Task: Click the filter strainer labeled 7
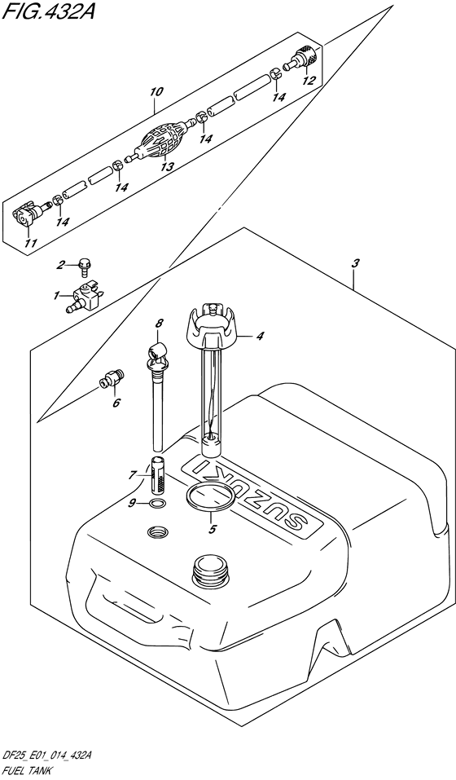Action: pyautogui.click(x=157, y=474)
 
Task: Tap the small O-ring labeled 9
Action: pyautogui.click(x=156, y=505)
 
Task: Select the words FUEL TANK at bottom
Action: pyautogui.click(x=25, y=770)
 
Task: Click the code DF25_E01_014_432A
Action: pyautogui.click(x=46, y=757)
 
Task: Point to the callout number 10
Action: pyautogui.click(x=156, y=93)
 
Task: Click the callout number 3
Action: pyautogui.click(x=354, y=265)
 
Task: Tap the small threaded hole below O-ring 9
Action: pyautogui.click(x=158, y=532)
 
